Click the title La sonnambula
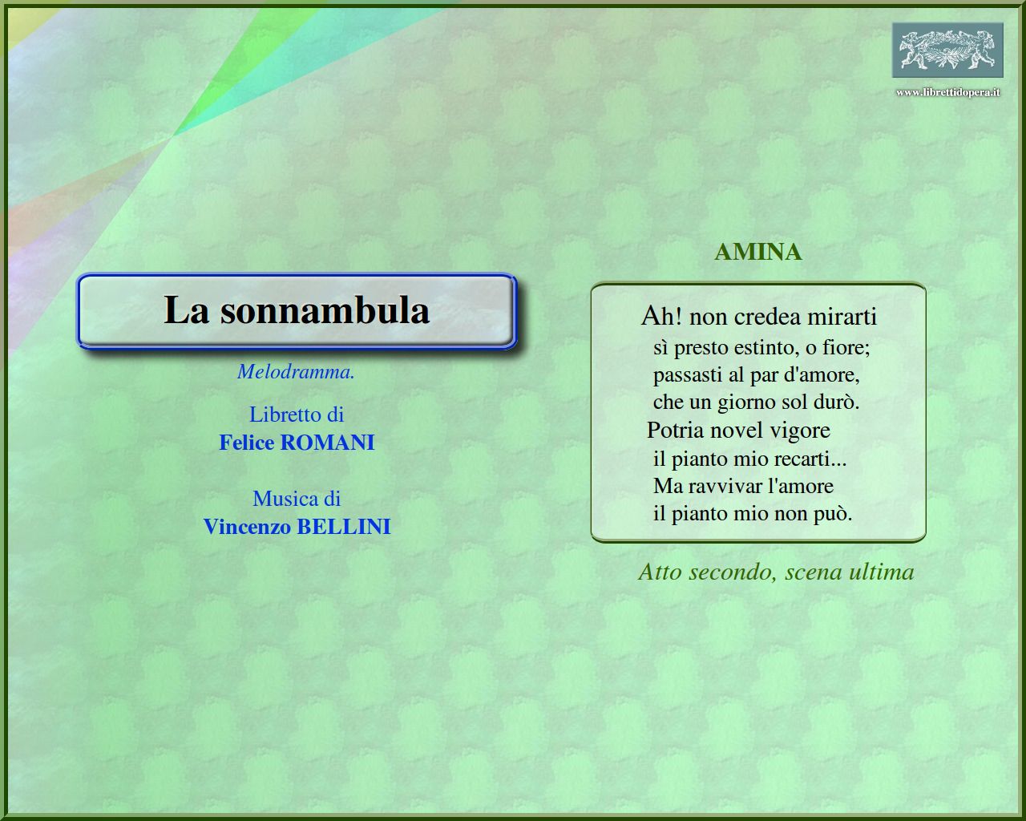tap(297, 310)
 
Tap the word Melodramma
tap(296, 372)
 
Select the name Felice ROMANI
tap(297, 443)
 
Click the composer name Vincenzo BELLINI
tap(297, 527)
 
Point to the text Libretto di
tap(297, 415)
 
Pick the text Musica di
tap(297, 499)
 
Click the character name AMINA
tap(758, 252)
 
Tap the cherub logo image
tap(947, 50)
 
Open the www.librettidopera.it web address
tap(947, 92)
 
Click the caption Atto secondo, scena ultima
tap(776, 572)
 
